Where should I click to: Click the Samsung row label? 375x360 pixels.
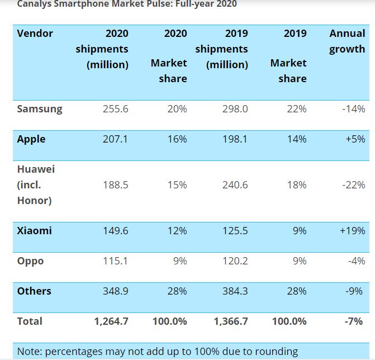[x=40, y=109]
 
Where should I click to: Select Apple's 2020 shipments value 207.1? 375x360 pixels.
[x=116, y=139]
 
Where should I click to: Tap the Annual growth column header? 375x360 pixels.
[x=347, y=41]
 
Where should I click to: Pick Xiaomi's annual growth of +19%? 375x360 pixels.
[x=352, y=231]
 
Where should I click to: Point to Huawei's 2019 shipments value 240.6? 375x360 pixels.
[x=235, y=185]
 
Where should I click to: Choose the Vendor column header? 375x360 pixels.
[x=35, y=34]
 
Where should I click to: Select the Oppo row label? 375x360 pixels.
[x=30, y=261]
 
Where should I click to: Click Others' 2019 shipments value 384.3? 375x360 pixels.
[x=235, y=291]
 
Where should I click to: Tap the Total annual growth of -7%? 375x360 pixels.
[x=354, y=321]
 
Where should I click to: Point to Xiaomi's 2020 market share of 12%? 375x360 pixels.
[x=177, y=231]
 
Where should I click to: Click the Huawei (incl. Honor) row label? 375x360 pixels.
[x=36, y=184]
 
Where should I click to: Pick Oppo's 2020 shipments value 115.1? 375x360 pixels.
[x=116, y=261]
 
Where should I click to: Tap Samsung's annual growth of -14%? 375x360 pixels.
[x=353, y=109]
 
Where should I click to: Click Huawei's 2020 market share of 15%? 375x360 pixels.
[x=177, y=185]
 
